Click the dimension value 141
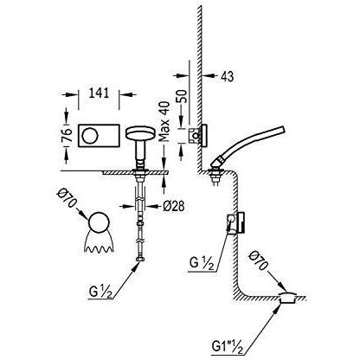coord(99,93)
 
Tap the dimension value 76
coord(67,135)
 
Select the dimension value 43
coord(228,76)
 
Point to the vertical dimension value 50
coord(182,97)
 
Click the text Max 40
coord(164,122)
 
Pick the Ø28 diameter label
coord(174,206)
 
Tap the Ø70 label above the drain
coord(259,261)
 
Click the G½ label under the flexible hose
coord(100,292)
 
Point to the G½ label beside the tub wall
coord(202,262)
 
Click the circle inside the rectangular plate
coord(90,136)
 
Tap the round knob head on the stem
coord(140,133)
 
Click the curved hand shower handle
coord(248,144)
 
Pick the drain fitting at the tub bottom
coord(287,298)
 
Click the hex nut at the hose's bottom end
coord(140,260)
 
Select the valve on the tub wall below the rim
coord(236,222)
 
